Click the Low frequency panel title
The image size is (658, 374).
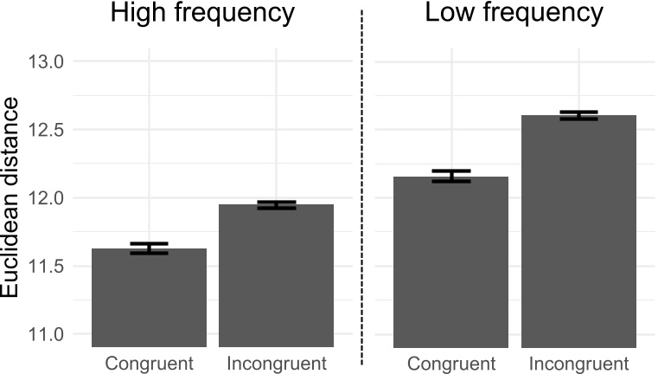click(x=514, y=14)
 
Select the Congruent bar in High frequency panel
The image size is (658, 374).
click(x=149, y=298)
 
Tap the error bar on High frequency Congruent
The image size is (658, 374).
click(x=149, y=248)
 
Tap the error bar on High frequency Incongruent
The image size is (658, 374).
click(x=276, y=205)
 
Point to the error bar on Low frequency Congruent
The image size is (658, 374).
click(x=450, y=177)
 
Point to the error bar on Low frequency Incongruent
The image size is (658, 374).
click(x=578, y=115)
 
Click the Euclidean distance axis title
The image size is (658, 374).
click(x=11, y=198)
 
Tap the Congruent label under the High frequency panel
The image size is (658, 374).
click(x=149, y=363)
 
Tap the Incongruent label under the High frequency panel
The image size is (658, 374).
click(x=276, y=363)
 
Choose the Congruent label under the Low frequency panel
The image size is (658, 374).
click(x=450, y=363)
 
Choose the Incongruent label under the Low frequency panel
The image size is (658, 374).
click(x=578, y=363)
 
